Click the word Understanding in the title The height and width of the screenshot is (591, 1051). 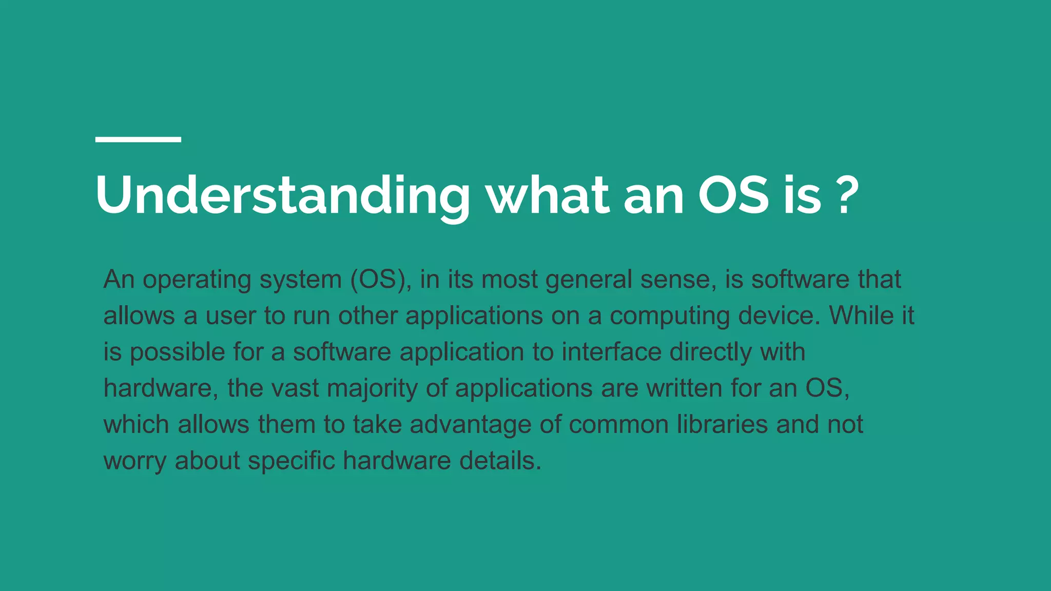[282, 196]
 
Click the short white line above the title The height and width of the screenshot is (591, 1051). [138, 140]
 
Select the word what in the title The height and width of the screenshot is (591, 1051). [548, 196]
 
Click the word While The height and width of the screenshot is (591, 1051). [862, 316]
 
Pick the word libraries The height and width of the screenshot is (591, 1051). [722, 424]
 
